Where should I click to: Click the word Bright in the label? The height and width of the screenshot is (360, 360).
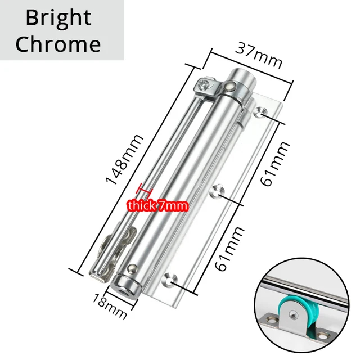coord(58,18)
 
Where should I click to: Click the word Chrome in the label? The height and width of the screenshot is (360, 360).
coord(58,44)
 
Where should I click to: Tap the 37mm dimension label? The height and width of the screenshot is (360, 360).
coord(259,55)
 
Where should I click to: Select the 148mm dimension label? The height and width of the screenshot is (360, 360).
coord(124,159)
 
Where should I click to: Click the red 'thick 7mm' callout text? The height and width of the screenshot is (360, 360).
coord(158,205)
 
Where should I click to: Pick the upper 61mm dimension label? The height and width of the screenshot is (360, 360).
coord(274,164)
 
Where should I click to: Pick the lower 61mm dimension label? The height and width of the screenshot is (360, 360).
coord(229,249)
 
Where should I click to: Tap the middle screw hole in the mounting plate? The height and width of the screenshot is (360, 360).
coord(217,191)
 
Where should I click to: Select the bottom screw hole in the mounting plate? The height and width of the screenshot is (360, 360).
coord(170,279)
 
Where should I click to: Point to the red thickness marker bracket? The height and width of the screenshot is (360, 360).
coord(145,190)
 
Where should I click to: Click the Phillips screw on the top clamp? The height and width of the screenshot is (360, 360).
coord(204,84)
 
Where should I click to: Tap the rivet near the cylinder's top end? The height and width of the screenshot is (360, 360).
coord(230,86)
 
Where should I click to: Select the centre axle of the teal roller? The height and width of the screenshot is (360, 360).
coord(292,314)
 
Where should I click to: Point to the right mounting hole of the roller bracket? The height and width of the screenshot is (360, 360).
coord(324,336)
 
